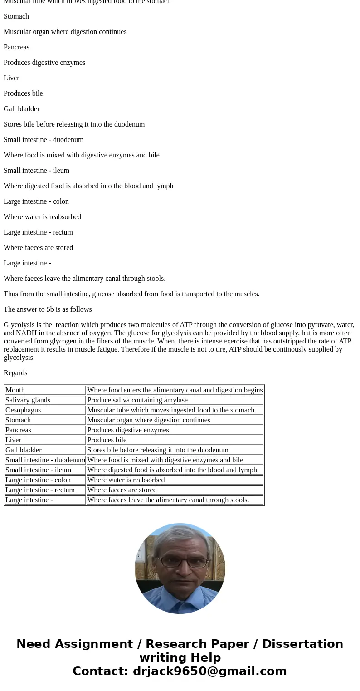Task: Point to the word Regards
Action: pyautogui.click(x=15, y=373)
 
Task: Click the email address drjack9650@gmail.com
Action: pyautogui.click(x=209, y=671)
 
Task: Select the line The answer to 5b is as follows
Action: pyautogui.click(x=48, y=309)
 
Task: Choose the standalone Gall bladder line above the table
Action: pyautogui.click(x=22, y=109)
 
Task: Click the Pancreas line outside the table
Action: pyautogui.click(x=16, y=47)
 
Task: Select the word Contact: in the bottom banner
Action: pyautogui.click(x=100, y=671)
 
